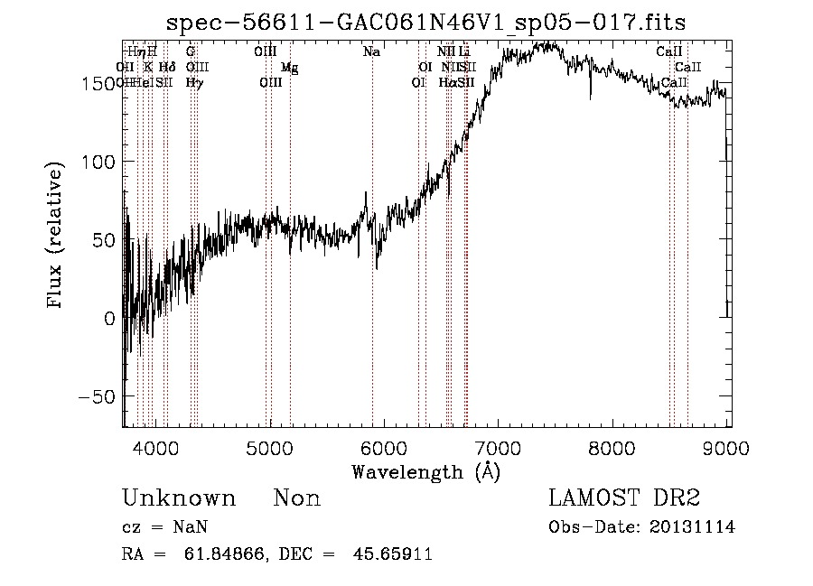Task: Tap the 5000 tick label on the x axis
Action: (x=270, y=448)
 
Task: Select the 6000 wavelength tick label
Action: (x=384, y=448)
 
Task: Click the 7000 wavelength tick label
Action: (x=499, y=448)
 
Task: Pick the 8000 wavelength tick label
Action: (x=613, y=448)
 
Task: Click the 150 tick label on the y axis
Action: (x=104, y=83)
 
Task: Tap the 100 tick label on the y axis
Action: (x=104, y=162)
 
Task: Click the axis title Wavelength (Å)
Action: (x=425, y=471)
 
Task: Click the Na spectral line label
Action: (x=371, y=52)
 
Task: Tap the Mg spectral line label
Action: (x=289, y=68)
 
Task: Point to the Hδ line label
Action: (x=167, y=67)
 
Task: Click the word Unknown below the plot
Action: (x=179, y=498)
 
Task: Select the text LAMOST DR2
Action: (x=624, y=498)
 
